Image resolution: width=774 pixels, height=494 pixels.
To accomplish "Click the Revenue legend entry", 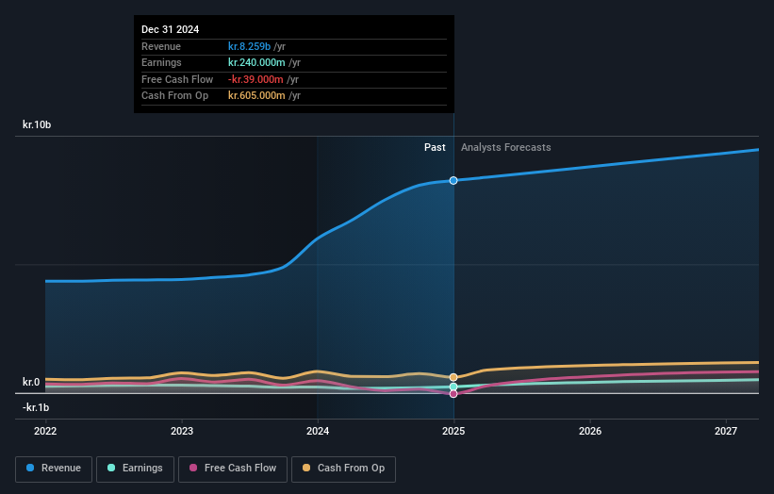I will click(x=54, y=469).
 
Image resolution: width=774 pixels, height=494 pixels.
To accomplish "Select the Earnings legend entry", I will click(x=135, y=469).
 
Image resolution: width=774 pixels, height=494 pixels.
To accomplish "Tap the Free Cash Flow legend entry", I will click(x=231, y=469).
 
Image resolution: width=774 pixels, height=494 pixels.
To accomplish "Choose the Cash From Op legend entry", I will click(x=344, y=469).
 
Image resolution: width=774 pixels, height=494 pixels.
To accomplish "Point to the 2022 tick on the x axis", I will click(x=45, y=431).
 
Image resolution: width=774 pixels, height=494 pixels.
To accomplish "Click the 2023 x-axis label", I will click(x=182, y=431).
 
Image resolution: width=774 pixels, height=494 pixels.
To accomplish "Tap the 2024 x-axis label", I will click(x=318, y=431).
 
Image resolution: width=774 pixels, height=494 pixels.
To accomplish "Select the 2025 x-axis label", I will click(x=453, y=431).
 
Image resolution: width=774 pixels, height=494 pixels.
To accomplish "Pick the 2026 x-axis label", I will click(x=590, y=431).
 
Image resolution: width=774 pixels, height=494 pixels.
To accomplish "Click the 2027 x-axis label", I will click(x=726, y=431).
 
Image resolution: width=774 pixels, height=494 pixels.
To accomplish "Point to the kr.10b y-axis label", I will click(x=39, y=124).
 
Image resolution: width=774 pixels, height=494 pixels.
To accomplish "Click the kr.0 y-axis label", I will click(x=31, y=382).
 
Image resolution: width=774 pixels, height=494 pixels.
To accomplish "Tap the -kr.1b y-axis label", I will click(x=36, y=407).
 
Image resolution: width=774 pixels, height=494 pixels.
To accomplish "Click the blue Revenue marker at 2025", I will click(x=453, y=180).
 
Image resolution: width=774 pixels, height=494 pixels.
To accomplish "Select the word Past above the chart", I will click(x=435, y=147).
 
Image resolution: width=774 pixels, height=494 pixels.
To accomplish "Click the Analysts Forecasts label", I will click(x=505, y=147).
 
